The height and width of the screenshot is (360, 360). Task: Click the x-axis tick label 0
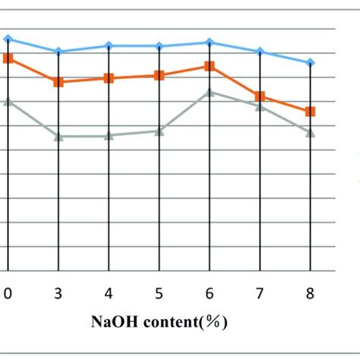point(8,292)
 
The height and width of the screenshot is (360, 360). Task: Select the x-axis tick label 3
point(58,292)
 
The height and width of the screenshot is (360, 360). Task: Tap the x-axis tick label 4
point(109,292)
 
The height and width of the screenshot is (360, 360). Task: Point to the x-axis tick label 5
point(159,292)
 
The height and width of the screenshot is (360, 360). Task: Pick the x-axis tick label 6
point(210,292)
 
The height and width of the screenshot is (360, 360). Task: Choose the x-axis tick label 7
point(261,292)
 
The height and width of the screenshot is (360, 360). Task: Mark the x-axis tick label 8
point(310,292)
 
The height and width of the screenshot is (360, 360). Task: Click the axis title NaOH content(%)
point(159,321)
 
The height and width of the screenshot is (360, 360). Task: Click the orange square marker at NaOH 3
point(58,81)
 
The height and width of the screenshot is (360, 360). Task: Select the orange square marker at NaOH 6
point(210,66)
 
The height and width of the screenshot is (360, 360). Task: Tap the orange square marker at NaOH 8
point(310,112)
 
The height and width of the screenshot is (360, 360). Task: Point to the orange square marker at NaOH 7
point(261,96)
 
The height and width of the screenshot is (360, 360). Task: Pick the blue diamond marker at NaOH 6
point(210,43)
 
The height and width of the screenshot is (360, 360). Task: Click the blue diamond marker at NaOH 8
point(310,63)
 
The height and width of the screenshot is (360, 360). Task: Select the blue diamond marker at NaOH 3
point(58,52)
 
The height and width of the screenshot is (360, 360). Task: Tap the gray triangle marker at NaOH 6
point(210,92)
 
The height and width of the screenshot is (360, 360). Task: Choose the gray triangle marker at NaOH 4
point(109,136)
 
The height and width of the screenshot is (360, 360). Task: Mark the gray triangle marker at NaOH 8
point(310,132)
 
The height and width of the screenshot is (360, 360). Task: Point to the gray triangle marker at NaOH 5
point(159,131)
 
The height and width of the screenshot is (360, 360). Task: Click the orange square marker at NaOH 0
point(8,58)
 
